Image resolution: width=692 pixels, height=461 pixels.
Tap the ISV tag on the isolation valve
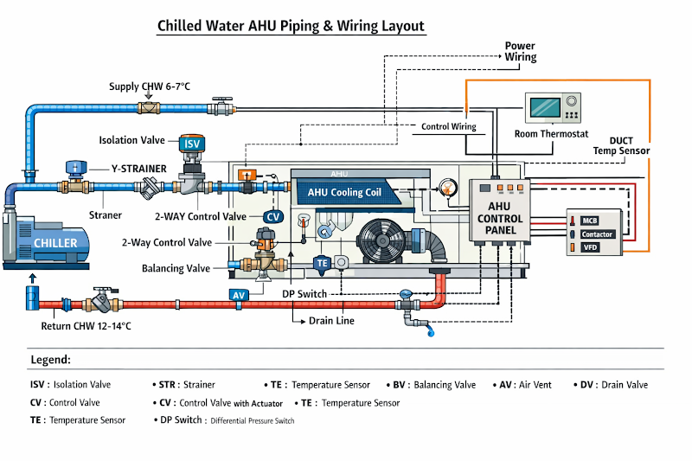point(191,144)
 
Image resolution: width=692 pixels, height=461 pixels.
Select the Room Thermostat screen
point(543,107)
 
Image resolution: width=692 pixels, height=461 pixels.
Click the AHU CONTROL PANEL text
point(500,219)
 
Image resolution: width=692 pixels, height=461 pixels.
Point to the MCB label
point(590,221)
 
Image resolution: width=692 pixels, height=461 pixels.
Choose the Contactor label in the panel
point(597,234)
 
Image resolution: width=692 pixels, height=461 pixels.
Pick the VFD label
point(589,248)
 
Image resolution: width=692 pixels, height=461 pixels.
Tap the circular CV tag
point(272,217)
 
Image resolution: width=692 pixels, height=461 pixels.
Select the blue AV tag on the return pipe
point(239,295)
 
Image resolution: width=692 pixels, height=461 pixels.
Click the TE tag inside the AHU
point(322,262)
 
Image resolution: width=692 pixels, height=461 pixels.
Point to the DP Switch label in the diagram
point(306,294)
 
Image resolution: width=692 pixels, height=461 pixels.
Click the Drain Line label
point(331,321)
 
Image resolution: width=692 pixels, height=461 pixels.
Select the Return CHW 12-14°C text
point(86,326)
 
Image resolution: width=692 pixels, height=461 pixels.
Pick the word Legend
point(50,360)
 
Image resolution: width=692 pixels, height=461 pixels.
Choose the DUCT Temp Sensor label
point(621,145)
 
